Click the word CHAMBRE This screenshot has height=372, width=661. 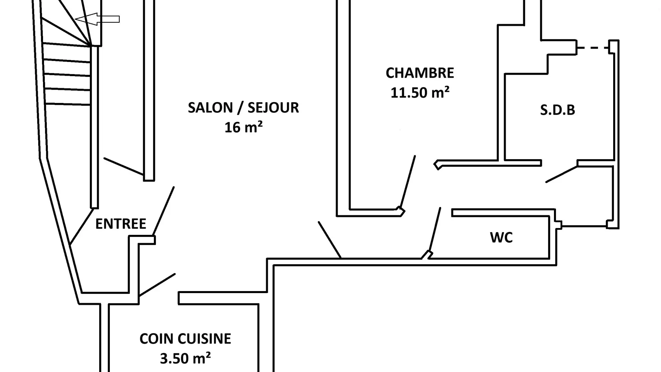(x=420, y=73)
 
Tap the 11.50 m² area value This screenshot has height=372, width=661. (x=420, y=93)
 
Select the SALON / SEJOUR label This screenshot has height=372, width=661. (x=243, y=108)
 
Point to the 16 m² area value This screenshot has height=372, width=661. (x=243, y=127)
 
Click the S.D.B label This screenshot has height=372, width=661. (x=557, y=110)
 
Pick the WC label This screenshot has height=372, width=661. (x=501, y=238)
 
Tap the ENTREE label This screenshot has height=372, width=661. (x=120, y=224)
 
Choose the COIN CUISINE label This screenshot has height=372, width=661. (x=185, y=339)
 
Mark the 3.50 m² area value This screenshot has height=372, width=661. (x=185, y=359)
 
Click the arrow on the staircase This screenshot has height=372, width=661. (x=97, y=19)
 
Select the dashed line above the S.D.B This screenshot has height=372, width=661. (x=592, y=48)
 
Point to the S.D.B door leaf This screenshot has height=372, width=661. (x=562, y=174)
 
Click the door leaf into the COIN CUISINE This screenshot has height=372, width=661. (x=157, y=285)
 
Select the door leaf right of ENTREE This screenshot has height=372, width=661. (x=164, y=211)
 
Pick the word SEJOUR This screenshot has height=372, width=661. (x=273, y=108)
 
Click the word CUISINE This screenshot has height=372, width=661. (x=207, y=339)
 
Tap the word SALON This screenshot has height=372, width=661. (x=210, y=108)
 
